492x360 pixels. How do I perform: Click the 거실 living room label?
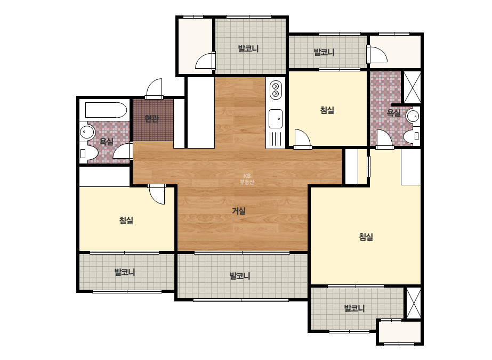[x=238, y=211]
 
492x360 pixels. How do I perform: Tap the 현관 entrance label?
[x=151, y=119]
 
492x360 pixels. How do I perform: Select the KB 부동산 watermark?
[x=247, y=179]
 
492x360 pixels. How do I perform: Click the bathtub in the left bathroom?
[x=106, y=110]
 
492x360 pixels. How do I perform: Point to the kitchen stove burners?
[x=276, y=89]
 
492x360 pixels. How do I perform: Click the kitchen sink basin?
[x=276, y=119]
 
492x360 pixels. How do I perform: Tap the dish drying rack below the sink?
[x=275, y=139]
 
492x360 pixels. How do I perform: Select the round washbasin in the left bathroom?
[x=87, y=132]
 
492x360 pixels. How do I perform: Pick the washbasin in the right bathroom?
[x=413, y=116]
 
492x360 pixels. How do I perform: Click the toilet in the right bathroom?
[x=412, y=136]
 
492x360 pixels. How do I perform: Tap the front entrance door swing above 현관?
[x=154, y=88]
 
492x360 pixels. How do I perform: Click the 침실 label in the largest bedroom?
[x=366, y=236]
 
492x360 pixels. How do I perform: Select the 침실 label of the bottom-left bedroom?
[x=126, y=220]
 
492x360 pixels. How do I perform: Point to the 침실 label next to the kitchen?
[x=327, y=110]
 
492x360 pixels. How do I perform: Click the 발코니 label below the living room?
[x=240, y=276]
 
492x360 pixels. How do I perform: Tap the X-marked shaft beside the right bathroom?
[x=412, y=87]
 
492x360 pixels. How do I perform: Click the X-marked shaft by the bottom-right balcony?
[x=414, y=302]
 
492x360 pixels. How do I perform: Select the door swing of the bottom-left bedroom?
[x=157, y=194]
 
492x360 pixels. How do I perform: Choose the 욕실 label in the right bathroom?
[x=393, y=112]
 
